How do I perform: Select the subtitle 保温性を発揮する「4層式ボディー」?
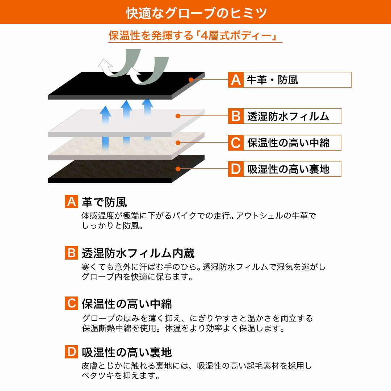pyautogui.click(x=193, y=35)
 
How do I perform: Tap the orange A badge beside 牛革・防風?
pyautogui.click(x=236, y=80)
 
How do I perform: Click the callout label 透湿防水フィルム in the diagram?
pyautogui.click(x=288, y=116)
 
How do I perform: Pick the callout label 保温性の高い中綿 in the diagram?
pyautogui.click(x=288, y=143)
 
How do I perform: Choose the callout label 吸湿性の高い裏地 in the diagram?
pyautogui.click(x=288, y=169)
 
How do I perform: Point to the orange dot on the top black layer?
pyautogui.click(x=191, y=80)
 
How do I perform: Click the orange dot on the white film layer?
pyautogui.click(x=178, y=116)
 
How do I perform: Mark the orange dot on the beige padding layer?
pyautogui.click(x=178, y=143)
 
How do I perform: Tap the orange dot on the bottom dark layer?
pyautogui.click(x=178, y=169)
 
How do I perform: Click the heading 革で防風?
pyautogui.click(x=105, y=202)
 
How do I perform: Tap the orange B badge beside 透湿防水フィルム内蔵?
pyautogui.click(x=71, y=253)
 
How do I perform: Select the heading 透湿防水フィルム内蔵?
pyautogui.click(x=138, y=253)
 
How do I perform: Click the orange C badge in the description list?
pyautogui.click(x=71, y=303)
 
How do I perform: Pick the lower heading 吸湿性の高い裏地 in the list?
pyautogui.click(x=127, y=352)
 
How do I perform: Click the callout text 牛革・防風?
pyautogui.click(x=272, y=80)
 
